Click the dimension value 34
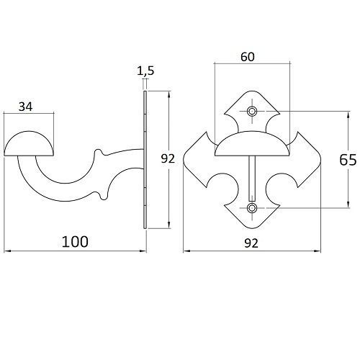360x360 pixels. (x=25, y=107)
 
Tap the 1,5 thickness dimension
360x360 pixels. (x=145, y=71)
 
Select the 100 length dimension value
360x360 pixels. (x=75, y=242)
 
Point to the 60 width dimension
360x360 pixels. (x=248, y=57)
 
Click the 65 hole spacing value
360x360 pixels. (x=348, y=160)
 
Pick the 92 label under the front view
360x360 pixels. (x=251, y=243)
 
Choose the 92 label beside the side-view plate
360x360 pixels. (x=168, y=159)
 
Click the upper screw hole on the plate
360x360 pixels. (x=252, y=111)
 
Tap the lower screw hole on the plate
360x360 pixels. (x=252, y=208)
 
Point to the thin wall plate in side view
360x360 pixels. (x=145, y=160)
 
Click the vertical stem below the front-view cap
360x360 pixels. (x=252, y=179)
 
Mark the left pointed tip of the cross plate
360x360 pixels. (x=184, y=159)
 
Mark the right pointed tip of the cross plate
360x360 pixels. (x=320, y=159)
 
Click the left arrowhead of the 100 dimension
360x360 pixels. (x=7, y=251)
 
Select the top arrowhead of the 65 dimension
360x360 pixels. (x=348, y=114)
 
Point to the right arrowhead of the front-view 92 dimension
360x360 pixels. (x=318, y=251)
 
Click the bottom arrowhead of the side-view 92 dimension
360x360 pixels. (x=169, y=225)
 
